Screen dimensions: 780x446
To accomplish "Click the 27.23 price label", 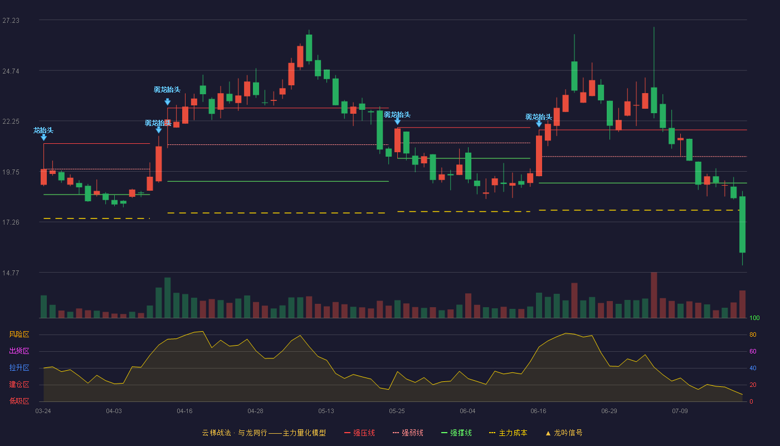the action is pos(11,21).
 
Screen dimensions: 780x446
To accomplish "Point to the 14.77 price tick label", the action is pos(11,273).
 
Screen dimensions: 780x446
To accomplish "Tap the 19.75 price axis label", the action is pos(11,172).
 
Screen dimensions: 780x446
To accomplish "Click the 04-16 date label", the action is pos(184,411).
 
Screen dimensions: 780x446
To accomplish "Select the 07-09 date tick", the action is pos(680,411).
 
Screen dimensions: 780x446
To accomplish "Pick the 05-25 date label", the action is pos(397,411).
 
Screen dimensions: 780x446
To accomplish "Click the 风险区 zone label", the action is pos(19,334).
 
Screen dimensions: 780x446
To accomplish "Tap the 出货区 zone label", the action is pos(19,351).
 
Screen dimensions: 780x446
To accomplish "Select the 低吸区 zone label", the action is pos(19,401).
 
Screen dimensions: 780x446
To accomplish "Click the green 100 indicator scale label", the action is pos(754,318).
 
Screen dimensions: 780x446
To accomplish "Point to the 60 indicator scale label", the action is pos(753,351).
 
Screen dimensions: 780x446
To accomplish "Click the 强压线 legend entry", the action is pos(359,433).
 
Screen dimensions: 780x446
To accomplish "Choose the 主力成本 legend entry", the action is pos(508,433).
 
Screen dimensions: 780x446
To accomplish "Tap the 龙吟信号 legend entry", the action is pos(564,433).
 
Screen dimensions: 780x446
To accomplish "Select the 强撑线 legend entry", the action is pos(456,433).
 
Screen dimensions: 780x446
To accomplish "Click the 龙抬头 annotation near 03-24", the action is pos(43,130).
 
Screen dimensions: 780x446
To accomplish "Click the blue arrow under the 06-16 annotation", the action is pos(539,124).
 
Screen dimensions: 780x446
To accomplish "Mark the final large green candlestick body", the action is pos(742,224).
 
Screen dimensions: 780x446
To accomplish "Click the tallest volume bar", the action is pos(654,295).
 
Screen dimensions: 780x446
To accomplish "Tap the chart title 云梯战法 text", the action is pos(216,433).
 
